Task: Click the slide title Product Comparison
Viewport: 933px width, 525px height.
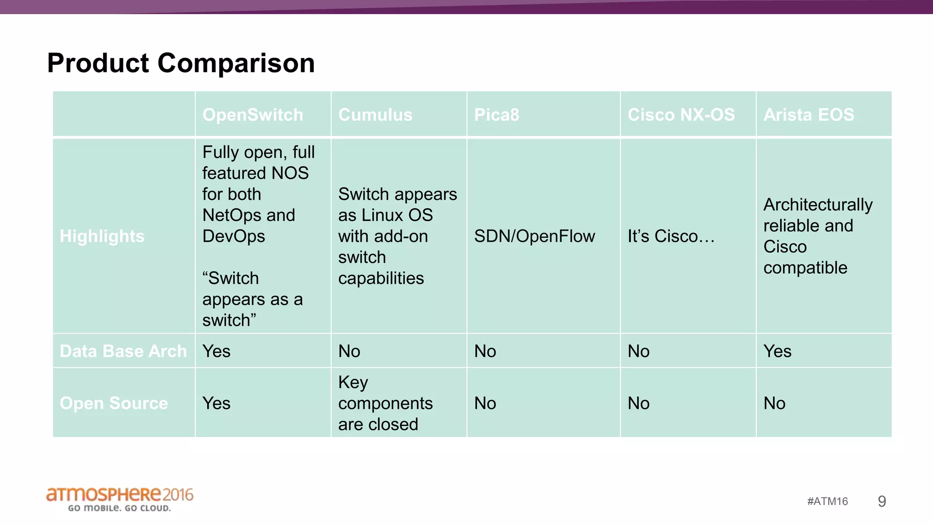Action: click(181, 63)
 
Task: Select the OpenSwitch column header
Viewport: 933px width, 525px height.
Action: click(252, 115)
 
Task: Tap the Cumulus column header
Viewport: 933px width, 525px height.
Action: click(375, 115)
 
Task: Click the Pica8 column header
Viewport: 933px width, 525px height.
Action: click(496, 115)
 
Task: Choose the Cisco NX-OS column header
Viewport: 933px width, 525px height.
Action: click(681, 115)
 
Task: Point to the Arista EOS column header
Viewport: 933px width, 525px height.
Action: click(808, 115)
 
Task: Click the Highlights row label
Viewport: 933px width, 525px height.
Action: click(102, 236)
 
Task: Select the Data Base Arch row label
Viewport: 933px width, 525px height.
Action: click(123, 351)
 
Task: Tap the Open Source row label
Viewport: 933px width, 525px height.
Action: click(113, 403)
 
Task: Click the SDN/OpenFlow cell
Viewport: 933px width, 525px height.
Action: click(534, 236)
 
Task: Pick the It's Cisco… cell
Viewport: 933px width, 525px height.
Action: click(671, 236)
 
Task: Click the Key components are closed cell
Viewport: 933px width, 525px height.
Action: click(385, 403)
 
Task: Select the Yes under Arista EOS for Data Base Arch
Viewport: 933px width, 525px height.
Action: click(777, 351)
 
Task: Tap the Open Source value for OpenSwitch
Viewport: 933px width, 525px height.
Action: click(216, 403)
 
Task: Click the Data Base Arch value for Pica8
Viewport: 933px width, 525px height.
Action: click(485, 351)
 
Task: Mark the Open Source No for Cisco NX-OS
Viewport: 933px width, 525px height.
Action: click(638, 403)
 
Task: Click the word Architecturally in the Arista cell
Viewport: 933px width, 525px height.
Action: click(818, 205)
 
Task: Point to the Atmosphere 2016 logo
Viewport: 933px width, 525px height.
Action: click(119, 499)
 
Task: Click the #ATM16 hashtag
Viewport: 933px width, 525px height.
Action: click(827, 501)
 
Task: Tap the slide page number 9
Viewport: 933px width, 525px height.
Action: click(882, 501)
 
